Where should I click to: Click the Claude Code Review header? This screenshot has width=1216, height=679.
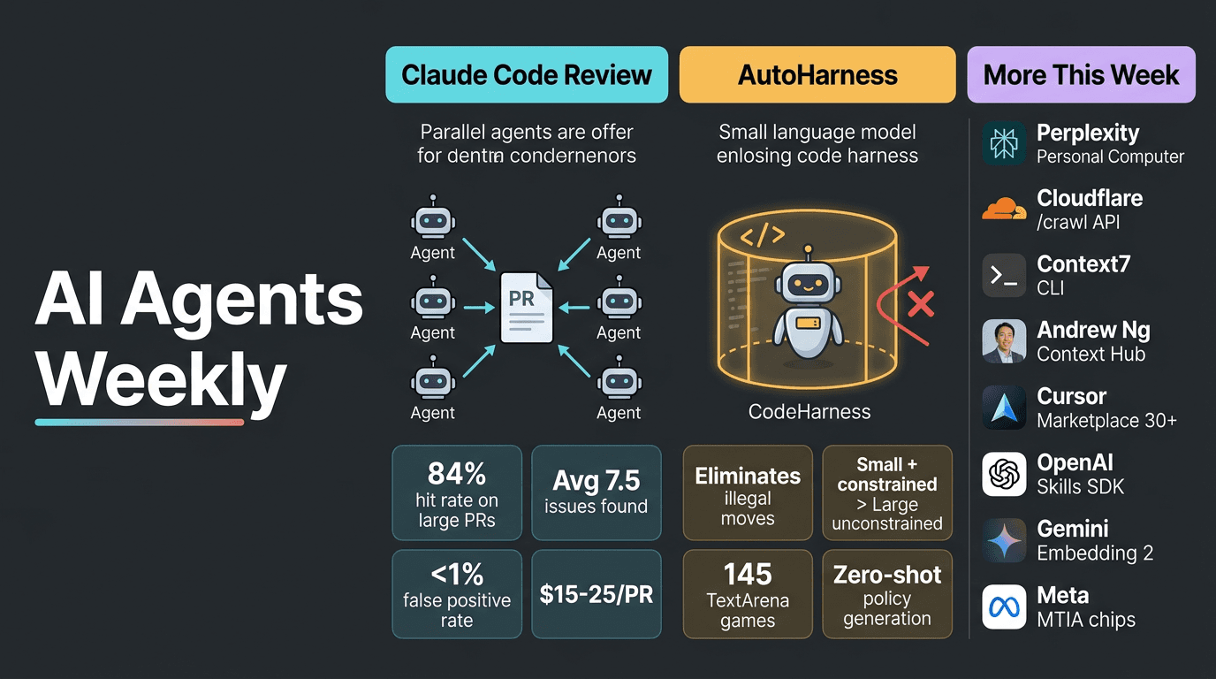tap(527, 75)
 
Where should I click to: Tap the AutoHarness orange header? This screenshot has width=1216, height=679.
tap(817, 75)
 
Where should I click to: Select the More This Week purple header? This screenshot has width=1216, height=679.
tap(1081, 75)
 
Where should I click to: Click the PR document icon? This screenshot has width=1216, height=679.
tap(527, 308)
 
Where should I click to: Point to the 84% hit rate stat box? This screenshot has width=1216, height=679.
tap(457, 492)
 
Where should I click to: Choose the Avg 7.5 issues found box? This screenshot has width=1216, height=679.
tap(596, 492)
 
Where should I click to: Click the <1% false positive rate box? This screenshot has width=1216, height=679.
tap(457, 594)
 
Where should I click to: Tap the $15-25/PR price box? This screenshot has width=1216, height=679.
tap(596, 594)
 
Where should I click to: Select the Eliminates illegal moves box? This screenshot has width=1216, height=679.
tap(748, 492)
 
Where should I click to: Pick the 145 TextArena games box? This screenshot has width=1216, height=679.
tap(748, 594)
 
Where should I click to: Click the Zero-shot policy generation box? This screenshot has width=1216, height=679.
tap(887, 594)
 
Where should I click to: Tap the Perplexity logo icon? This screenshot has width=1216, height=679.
tap(1004, 144)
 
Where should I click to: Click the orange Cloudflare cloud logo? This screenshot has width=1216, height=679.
tap(1004, 210)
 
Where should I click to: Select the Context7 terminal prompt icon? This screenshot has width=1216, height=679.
tap(1004, 276)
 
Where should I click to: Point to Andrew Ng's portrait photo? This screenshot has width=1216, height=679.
tap(1004, 342)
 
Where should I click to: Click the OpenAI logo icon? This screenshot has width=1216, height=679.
tap(1004, 475)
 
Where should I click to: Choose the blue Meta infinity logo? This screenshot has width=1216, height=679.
tap(1004, 607)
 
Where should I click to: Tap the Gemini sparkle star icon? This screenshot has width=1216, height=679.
tap(1004, 541)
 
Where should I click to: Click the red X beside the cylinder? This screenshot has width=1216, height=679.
tap(921, 306)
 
